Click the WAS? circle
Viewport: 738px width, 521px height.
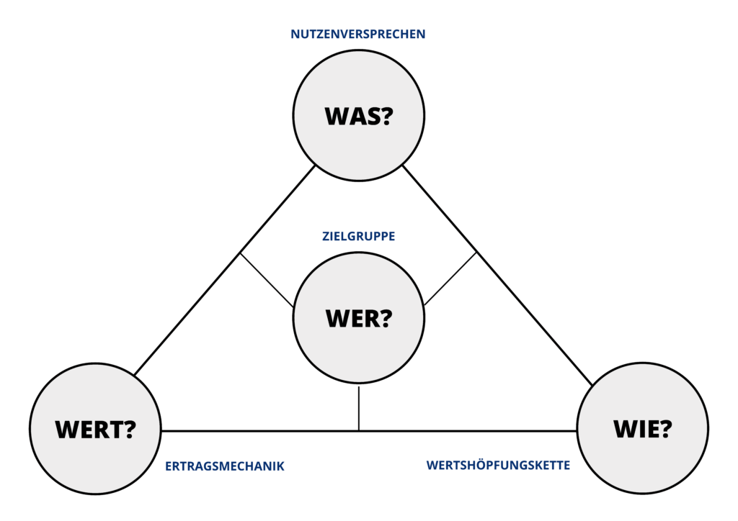[359, 116]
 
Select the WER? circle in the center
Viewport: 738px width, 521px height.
[359, 318]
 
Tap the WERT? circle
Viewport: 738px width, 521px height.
[96, 428]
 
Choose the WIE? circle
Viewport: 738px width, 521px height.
[642, 428]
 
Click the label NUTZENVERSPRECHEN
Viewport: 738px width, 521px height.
[357, 35]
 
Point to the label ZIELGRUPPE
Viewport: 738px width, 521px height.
[359, 236]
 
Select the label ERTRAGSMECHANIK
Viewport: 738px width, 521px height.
[225, 466]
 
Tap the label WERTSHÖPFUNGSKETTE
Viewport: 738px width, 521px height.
[498, 465]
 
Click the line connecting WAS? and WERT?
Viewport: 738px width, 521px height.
[225, 271]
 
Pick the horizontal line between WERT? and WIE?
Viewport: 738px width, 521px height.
[369, 430]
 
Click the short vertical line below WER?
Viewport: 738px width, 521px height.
[359, 408]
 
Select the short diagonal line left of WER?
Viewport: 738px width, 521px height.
[267, 280]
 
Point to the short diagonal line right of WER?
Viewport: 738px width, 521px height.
[450, 279]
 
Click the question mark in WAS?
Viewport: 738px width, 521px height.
[385, 116]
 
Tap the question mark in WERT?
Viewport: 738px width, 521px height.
[128, 429]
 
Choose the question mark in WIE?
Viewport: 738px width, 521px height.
[664, 428]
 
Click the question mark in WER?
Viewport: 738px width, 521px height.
[385, 318]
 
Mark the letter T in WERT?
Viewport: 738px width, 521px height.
[110, 430]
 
